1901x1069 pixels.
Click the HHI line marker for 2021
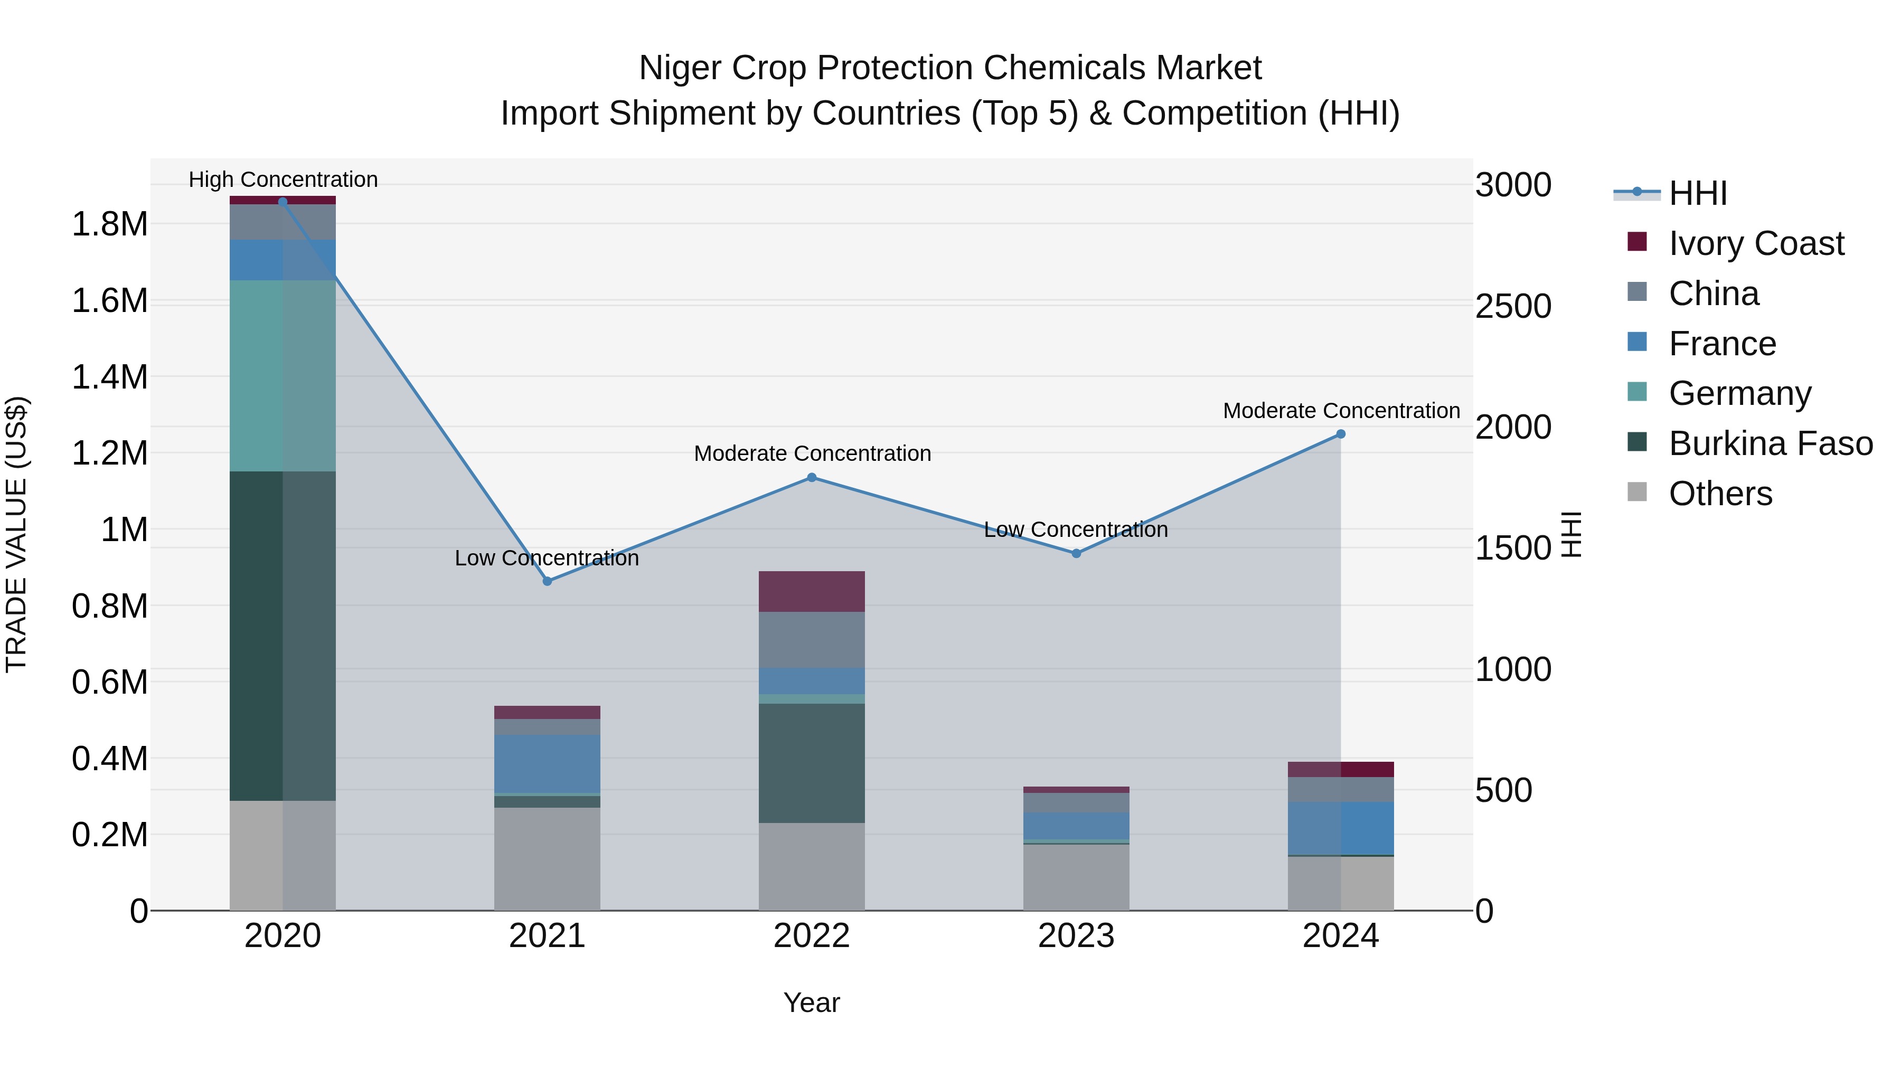(x=547, y=581)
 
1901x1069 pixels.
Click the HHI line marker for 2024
(x=1341, y=434)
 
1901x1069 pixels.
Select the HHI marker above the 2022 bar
(x=812, y=477)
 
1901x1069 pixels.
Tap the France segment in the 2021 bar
(x=547, y=763)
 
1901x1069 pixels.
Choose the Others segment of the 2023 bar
(x=1076, y=877)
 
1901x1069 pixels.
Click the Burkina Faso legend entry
(x=1771, y=443)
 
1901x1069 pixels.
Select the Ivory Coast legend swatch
(x=1637, y=242)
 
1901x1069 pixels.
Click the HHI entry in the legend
(x=1697, y=193)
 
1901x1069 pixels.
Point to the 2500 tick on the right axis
(x=1513, y=306)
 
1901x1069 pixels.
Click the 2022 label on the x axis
(x=812, y=936)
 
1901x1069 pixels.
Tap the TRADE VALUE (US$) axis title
(x=16, y=534)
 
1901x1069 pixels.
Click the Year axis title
(x=811, y=1002)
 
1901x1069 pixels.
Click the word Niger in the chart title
(x=681, y=68)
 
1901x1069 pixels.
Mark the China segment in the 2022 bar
(x=812, y=640)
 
